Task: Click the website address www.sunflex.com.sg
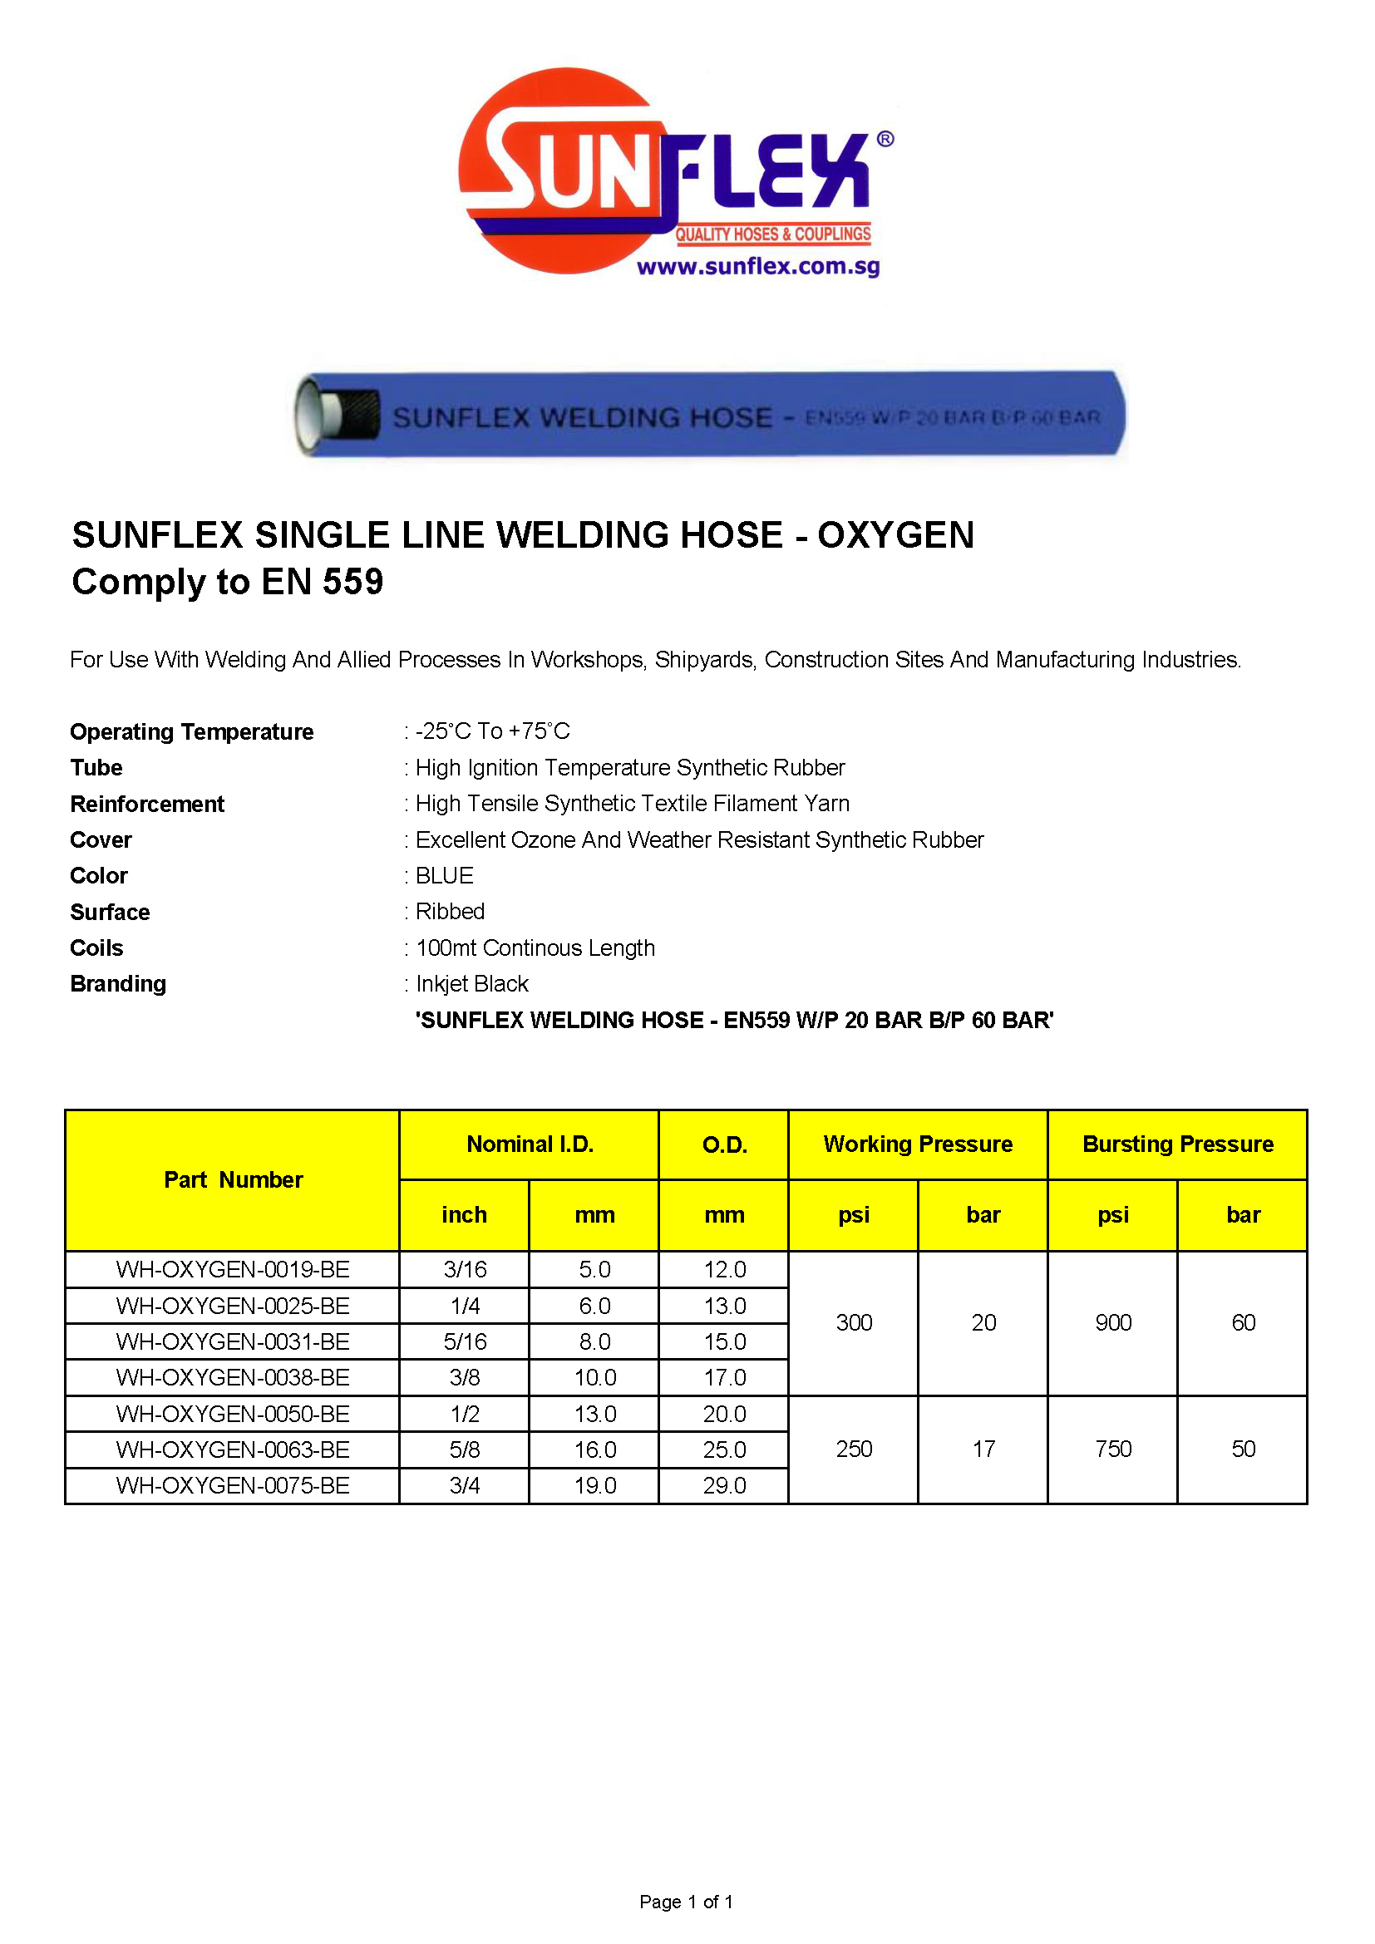(758, 267)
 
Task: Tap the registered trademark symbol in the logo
(885, 139)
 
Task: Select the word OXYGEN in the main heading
(895, 535)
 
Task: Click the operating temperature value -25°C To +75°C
(493, 731)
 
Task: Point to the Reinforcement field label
(147, 804)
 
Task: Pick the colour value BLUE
(445, 875)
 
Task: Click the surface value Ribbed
(450, 912)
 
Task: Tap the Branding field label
(119, 984)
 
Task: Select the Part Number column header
(233, 1180)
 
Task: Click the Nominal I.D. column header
(530, 1144)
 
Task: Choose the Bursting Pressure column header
(1178, 1144)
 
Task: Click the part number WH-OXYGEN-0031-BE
(233, 1342)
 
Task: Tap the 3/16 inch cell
(465, 1270)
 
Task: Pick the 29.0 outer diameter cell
(725, 1486)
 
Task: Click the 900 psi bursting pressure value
(1112, 1323)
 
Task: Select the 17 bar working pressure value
(983, 1449)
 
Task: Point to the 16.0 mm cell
(595, 1450)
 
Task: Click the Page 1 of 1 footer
(687, 1902)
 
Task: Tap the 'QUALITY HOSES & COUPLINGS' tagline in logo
(773, 234)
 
